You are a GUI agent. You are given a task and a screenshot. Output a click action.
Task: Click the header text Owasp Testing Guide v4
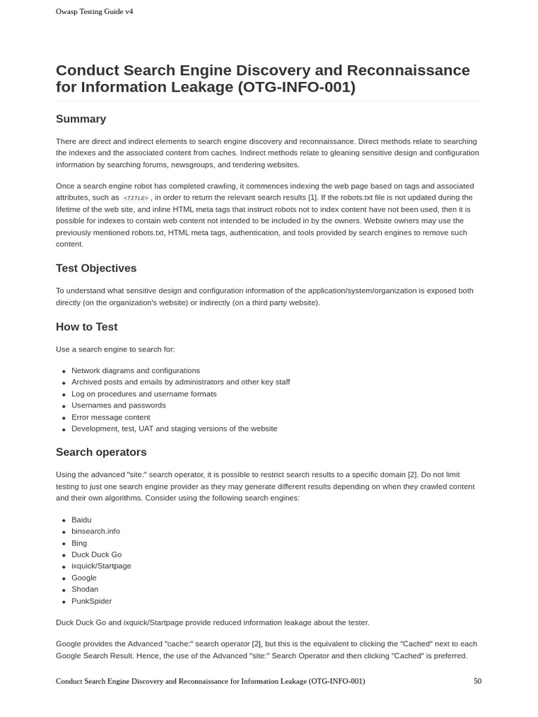pyautogui.click(x=94, y=11)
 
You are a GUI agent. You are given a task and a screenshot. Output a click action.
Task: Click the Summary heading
pyautogui.click(x=81, y=119)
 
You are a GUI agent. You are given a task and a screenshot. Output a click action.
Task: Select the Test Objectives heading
pyautogui.click(x=96, y=268)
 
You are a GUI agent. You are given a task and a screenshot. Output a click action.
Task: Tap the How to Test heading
pyautogui.click(x=86, y=327)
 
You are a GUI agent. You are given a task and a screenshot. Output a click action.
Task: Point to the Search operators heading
pyautogui.click(x=101, y=452)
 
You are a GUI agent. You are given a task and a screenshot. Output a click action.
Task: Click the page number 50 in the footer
pyautogui.click(x=477, y=681)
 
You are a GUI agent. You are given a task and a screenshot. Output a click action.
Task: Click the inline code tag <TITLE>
pyautogui.click(x=135, y=198)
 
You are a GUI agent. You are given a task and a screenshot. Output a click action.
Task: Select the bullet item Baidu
pyautogui.click(x=81, y=520)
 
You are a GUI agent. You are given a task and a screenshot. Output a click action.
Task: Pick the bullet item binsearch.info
pyautogui.click(x=95, y=531)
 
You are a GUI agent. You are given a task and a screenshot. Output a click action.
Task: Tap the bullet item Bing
pyautogui.click(x=79, y=543)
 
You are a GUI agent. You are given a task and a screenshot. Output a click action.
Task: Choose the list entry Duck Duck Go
pyautogui.click(x=96, y=555)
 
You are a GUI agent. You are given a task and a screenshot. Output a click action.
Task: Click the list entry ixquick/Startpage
pyautogui.click(x=101, y=566)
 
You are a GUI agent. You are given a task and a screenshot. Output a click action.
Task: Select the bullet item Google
pyautogui.click(x=84, y=578)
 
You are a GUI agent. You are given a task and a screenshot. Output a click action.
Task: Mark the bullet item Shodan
pyautogui.click(x=85, y=589)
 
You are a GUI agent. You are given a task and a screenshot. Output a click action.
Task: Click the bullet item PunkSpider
pyautogui.click(x=91, y=601)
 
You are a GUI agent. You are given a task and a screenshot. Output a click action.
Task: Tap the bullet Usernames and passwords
pyautogui.click(x=118, y=405)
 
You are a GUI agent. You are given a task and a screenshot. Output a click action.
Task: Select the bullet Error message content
pyautogui.click(x=111, y=417)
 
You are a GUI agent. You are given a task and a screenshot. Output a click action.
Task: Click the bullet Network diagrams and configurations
pyautogui.click(x=135, y=370)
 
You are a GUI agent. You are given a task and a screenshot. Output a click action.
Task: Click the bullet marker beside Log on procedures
pyautogui.click(x=64, y=394)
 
